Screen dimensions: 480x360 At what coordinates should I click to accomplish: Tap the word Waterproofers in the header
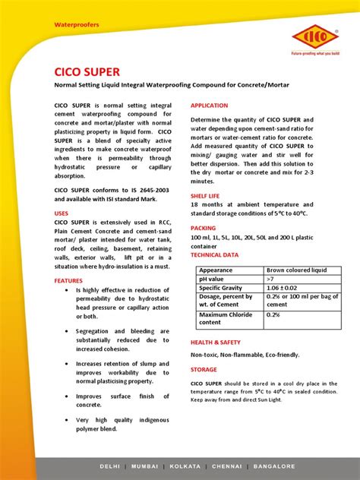76,25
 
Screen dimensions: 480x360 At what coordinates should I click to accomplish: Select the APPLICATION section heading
209,105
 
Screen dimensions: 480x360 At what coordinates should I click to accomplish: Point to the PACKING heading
203,227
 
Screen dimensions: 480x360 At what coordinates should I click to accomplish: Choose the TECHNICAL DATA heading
214,255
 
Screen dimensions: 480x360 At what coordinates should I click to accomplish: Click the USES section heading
61,213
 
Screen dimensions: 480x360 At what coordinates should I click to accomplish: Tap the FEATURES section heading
68,280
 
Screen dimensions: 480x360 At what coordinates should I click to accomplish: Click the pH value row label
215,279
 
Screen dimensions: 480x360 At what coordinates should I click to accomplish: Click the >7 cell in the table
271,279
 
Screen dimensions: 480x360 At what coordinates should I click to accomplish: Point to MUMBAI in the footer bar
150,466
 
